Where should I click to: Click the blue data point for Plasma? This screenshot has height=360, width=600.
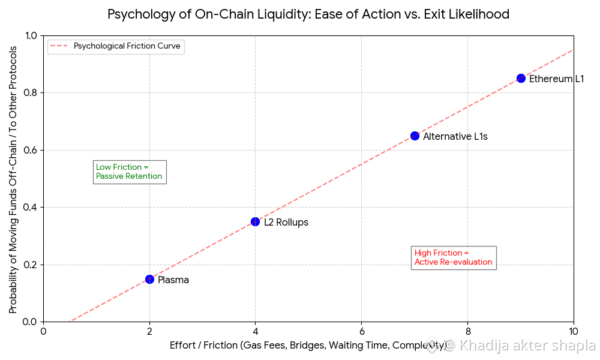click(149, 279)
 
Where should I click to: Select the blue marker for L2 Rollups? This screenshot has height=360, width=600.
click(255, 221)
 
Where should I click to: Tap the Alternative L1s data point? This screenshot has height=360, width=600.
click(415, 136)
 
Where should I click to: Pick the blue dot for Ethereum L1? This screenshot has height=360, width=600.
click(521, 78)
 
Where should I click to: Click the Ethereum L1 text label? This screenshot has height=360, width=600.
click(556, 79)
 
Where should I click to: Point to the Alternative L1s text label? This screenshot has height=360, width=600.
click(455, 137)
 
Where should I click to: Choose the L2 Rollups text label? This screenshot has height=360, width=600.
click(286, 223)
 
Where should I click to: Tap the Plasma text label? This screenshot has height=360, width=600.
click(173, 280)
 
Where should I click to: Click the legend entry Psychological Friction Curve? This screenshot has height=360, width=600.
click(127, 46)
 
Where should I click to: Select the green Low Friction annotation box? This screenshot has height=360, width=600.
click(129, 172)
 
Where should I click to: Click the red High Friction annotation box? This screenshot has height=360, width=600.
click(453, 257)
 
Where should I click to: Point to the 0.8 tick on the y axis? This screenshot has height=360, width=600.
click(30, 93)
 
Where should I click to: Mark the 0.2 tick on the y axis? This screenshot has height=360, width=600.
click(30, 265)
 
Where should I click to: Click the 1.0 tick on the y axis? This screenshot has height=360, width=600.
click(30, 35)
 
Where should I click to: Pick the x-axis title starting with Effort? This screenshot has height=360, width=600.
click(308, 346)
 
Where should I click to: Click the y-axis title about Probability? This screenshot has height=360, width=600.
click(13, 178)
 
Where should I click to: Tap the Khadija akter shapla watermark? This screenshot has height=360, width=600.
click(518, 346)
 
